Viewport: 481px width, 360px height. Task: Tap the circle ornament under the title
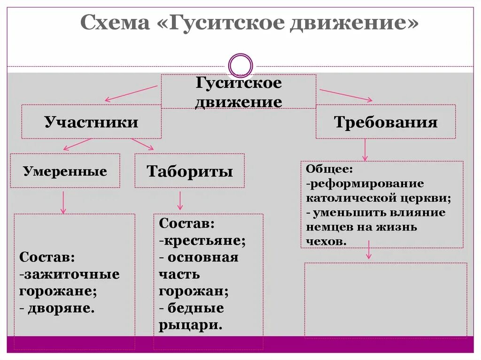pos(240,65)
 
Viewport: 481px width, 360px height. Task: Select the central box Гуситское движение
pos(239,92)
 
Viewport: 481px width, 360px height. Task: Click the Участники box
pos(91,122)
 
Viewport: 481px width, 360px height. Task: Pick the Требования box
pos(386,122)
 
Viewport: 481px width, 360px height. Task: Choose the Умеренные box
pos(65,171)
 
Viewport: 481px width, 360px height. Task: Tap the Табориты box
pos(189,171)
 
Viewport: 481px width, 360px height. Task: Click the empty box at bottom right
pos(386,299)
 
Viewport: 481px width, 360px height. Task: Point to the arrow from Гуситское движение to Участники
pos(132,93)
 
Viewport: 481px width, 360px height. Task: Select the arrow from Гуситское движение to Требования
pos(346,95)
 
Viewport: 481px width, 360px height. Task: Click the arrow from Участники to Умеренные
pos(78,144)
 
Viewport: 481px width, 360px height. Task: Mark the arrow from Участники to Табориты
pos(142,144)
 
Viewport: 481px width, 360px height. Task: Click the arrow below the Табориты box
pos(179,200)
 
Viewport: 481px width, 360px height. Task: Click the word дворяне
pos(62,308)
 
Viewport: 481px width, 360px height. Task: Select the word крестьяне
pos(205,241)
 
